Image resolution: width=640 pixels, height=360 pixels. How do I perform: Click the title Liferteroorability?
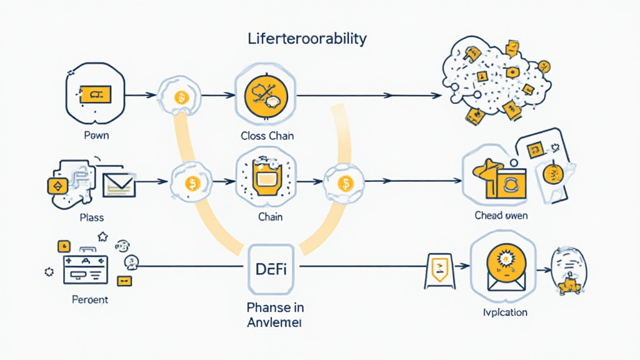coord(306,39)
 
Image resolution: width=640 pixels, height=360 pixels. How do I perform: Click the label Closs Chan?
coord(267,136)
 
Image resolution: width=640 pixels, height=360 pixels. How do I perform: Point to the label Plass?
coord(92,217)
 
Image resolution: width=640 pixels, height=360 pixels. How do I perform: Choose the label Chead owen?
coord(501,216)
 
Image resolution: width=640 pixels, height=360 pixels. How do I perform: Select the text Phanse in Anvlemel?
coord(276,315)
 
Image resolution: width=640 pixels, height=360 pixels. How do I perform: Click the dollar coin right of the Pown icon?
coord(181,97)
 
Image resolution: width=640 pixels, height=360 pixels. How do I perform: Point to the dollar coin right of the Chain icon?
coord(344,183)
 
